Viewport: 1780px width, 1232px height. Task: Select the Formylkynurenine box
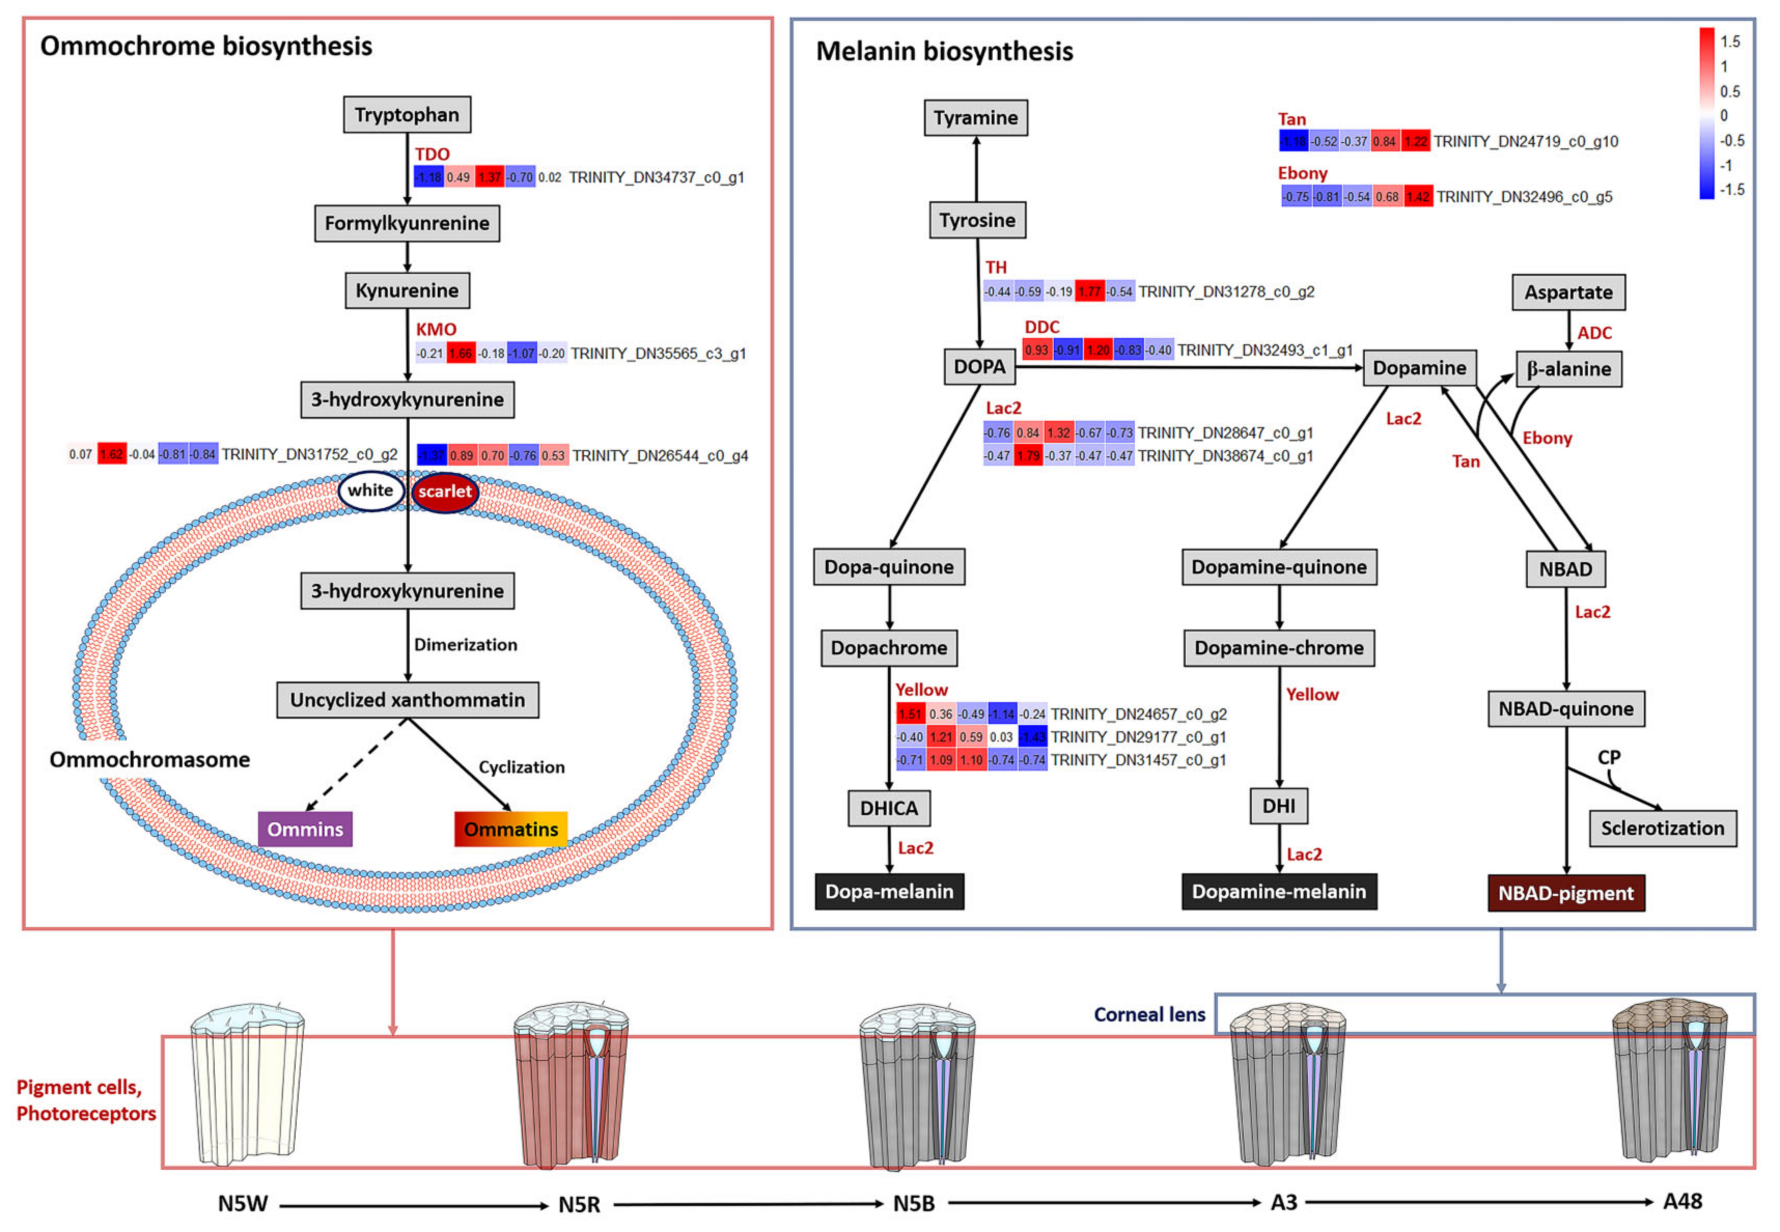coord(407,223)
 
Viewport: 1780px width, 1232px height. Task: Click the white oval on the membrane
coord(370,490)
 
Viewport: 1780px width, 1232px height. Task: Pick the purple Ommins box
coord(305,829)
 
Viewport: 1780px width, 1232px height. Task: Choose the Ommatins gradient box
coord(510,829)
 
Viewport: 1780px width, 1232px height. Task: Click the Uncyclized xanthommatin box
coord(407,700)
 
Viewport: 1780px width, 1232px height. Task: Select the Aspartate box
coord(1568,292)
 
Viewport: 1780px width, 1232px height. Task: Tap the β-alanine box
coord(1568,369)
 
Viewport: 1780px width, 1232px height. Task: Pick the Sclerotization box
coord(1662,828)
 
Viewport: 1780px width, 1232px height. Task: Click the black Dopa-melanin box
coord(889,891)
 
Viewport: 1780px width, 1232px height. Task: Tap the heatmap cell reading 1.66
coord(461,354)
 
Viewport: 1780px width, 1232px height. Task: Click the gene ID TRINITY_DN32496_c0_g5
coord(1524,197)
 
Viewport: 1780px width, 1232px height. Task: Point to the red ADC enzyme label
coord(1594,333)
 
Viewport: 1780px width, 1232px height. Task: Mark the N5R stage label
coord(579,1204)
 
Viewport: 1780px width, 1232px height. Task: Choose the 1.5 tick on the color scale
coord(1730,41)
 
